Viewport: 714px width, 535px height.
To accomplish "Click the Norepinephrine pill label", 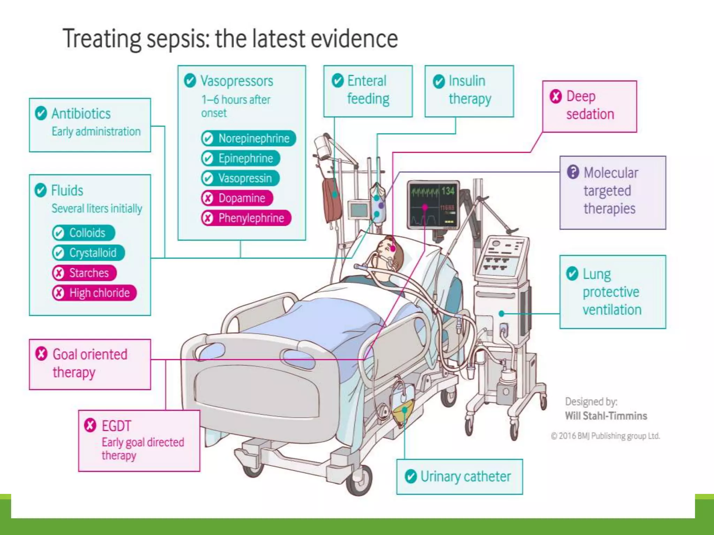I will (249, 138).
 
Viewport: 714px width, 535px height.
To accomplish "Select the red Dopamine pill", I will (237, 198).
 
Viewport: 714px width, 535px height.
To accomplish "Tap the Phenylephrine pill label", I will (246, 218).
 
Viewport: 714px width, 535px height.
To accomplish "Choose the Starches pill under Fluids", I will (84, 273).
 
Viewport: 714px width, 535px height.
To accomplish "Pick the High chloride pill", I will (94, 293).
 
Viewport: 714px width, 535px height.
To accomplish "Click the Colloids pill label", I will (84, 233).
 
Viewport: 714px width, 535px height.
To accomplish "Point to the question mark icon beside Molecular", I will (573, 172).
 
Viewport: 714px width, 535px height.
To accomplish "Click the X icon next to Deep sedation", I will (556, 96).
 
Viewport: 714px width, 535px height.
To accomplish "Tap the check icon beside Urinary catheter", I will (411, 476).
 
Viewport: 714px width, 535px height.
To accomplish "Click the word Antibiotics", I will (81, 114).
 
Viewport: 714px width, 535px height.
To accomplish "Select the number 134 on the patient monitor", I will (448, 191).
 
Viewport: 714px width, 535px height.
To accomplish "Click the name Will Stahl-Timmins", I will (606, 416).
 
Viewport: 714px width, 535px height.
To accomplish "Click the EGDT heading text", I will (116, 426).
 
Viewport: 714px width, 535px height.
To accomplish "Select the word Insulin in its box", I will (467, 81).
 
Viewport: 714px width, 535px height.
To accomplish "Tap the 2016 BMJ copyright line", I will (605, 436).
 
